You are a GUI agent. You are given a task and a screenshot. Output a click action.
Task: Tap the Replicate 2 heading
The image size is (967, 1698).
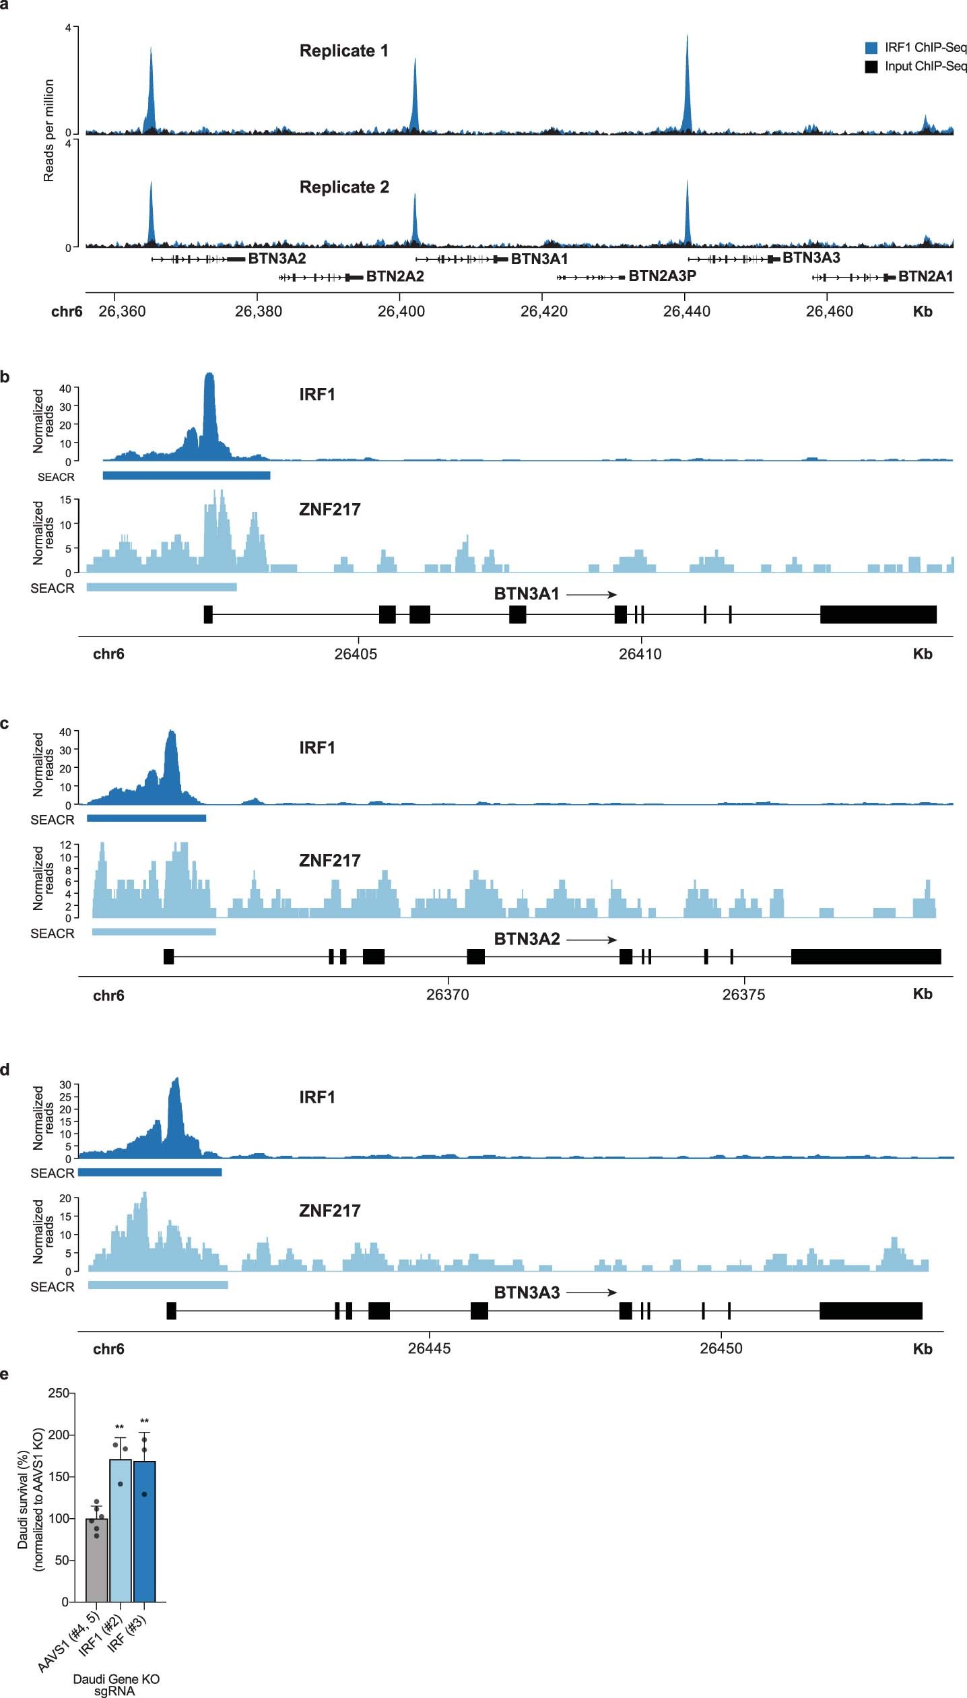[x=344, y=187]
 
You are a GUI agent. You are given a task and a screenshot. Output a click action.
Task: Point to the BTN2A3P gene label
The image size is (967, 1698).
[x=662, y=276]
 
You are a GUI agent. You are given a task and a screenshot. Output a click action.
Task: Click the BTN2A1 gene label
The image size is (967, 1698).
[x=925, y=276]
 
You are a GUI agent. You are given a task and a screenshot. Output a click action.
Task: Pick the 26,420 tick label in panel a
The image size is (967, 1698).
[x=544, y=311]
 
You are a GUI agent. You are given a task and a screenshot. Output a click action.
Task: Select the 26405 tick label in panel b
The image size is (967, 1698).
[x=356, y=654]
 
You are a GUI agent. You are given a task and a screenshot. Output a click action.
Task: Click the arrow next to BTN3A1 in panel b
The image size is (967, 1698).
[x=591, y=595]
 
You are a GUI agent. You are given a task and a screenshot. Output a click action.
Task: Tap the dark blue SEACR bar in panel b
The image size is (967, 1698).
[x=187, y=476]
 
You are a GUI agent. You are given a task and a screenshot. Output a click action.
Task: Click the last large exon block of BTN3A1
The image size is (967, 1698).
[x=878, y=614]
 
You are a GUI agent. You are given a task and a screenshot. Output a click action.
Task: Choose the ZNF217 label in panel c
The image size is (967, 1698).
[x=329, y=861]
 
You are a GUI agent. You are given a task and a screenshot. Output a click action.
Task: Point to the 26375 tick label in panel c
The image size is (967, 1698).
[x=743, y=995]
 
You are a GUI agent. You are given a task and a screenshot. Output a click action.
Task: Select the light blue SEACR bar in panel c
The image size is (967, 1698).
[x=154, y=932]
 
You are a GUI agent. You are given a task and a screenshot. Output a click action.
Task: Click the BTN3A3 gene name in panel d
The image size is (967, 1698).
[x=527, y=1293]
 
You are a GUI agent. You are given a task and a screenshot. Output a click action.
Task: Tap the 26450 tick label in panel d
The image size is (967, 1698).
[x=721, y=1348]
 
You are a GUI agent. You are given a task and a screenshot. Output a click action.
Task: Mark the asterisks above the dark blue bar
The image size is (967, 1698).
[x=144, y=1422]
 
